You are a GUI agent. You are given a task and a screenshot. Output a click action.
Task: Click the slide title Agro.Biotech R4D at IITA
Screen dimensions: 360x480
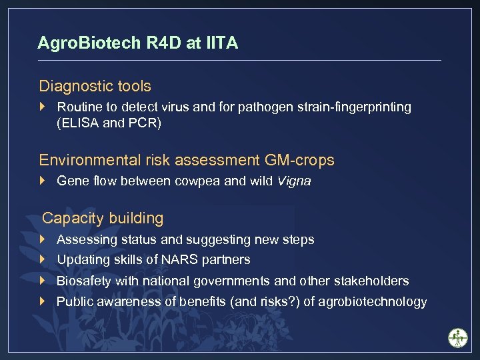tap(137, 43)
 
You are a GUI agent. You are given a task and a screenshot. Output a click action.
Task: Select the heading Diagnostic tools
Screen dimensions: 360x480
tap(95, 86)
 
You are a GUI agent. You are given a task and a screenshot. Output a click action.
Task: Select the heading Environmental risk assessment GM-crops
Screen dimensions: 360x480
tap(187, 160)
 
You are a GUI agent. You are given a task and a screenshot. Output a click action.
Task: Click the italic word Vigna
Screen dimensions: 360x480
tap(294, 181)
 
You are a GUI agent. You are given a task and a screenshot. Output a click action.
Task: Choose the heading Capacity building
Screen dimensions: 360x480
tap(103, 218)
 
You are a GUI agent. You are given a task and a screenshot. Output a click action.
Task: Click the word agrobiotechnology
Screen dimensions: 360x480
tap(373, 302)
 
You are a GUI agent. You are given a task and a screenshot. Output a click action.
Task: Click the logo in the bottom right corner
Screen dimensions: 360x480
tap(458, 337)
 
